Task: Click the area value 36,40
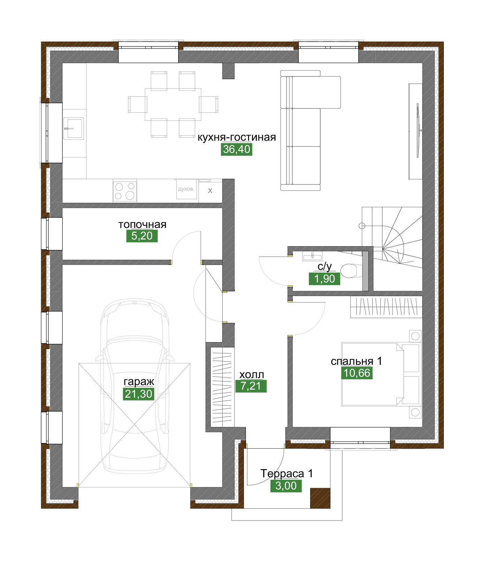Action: pyautogui.click(x=237, y=149)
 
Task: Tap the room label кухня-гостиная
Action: pyautogui.click(x=237, y=137)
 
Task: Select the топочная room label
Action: pyautogui.click(x=142, y=224)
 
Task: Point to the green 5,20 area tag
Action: pyautogui.click(x=142, y=236)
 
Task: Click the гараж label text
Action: pyautogui.click(x=139, y=382)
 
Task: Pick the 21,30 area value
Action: pyautogui.click(x=139, y=394)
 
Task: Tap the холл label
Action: pyautogui.click(x=252, y=375)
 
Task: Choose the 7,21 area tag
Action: pyautogui.click(x=251, y=386)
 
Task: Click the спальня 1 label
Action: pyautogui.click(x=356, y=361)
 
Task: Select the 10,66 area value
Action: pyautogui.click(x=357, y=373)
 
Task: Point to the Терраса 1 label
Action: pyautogui.click(x=286, y=474)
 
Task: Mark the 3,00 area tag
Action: pyautogui.click(x=286, y=486)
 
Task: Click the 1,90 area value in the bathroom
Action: pyautogui.click(x=325, y=279)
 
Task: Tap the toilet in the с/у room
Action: pyautogui.click(x=349, y=271)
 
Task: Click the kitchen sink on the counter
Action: pyautogui.click(x=74, y=128)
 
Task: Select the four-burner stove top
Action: pyautogui.click(x=125, y=191)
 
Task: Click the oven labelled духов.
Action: pyautogui.click(x=186, y=189)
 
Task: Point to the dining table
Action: pyautogui.click(x=173, y=104)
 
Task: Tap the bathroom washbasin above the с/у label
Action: pyautogui.click(x=312, y=256)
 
